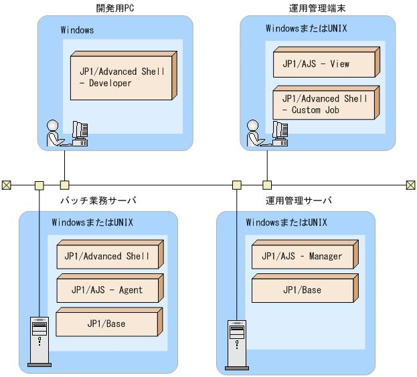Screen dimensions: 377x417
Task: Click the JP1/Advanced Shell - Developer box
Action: [x=122, y=78]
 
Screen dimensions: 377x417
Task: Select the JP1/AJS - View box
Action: [x=324, y=64]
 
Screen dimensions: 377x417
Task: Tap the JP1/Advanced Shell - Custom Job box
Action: [x=324, y=104]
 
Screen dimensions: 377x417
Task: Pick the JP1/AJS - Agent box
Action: [x=107, y=290]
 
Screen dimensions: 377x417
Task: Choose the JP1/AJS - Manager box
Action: [x=302, y=256]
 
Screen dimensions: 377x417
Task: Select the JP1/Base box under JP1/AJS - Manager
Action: [x=302, y=290]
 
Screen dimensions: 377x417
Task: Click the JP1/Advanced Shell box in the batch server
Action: [x=107, y=256]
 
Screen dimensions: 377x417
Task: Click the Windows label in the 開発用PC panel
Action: [x=77, y=30]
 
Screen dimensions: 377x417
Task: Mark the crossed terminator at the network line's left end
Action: [x=7, y=184]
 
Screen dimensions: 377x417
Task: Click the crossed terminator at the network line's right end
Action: [x=411, y=184]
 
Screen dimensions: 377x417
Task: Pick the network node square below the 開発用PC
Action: [x=65, y=184]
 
